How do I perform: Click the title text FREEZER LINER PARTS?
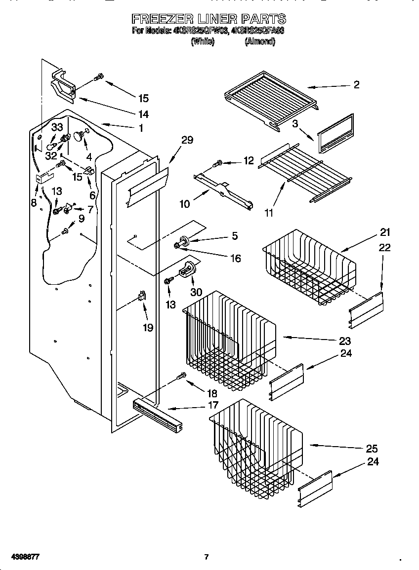[209, 19]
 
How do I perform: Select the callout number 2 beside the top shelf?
[356, 84]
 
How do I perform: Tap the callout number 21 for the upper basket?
[385, 233]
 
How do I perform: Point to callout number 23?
[344, 341]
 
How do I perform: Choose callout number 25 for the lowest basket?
[371, 449]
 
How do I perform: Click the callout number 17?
[212, 406]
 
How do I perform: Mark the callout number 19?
[147, 327]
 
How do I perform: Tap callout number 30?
[196, 292]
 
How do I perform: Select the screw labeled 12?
[217, 163]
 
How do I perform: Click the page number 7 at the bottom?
[207, 557]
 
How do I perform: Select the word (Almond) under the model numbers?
[259, 42]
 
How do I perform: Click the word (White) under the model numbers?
[203, 42]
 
